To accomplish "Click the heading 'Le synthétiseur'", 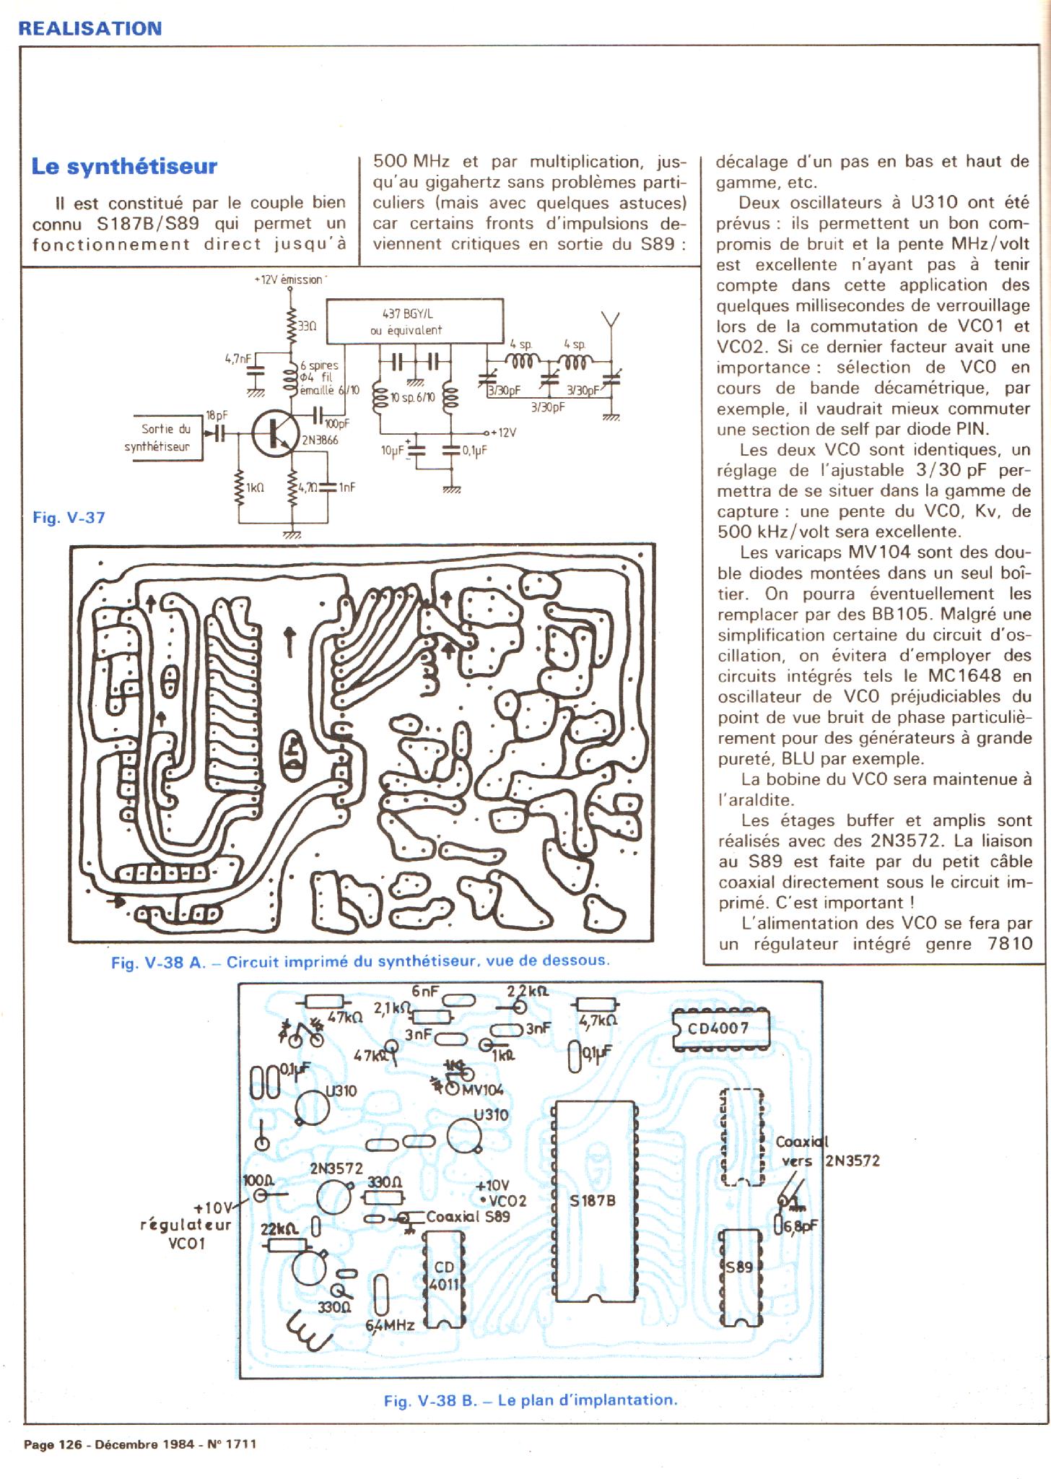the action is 124,167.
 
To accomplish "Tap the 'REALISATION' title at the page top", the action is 90,29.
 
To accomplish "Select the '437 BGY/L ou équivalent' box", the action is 415,322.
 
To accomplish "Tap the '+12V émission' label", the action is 288,279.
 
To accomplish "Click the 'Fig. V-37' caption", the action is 69,517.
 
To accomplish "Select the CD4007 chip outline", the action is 720,1028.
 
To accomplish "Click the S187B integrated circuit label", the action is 593,1201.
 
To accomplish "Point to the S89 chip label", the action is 739,1267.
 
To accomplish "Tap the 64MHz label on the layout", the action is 391,1325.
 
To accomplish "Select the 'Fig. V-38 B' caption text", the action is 431,1400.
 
